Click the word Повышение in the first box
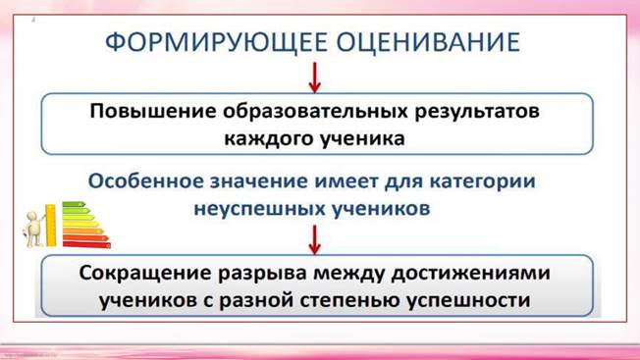[143, 111]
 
